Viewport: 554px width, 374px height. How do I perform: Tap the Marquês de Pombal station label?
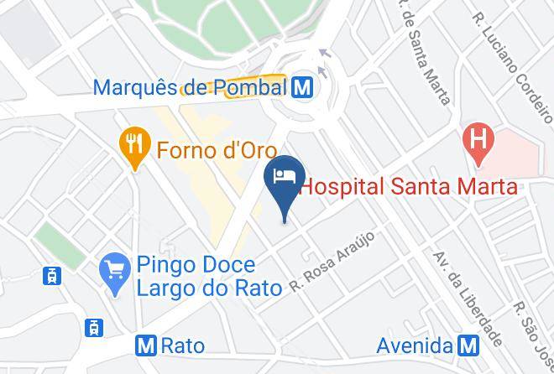[x=190, y=86]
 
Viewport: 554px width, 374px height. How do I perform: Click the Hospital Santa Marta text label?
[x=408, y=186]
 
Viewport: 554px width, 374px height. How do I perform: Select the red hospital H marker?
[x=479, y=135]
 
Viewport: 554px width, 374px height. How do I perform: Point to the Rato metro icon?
[x=145, y=345]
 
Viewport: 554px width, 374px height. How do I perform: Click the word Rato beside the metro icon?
[x=183, y=345]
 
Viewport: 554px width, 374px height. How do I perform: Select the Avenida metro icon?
[x=468, y=345]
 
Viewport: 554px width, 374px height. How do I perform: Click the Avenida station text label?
[x=415, y=345]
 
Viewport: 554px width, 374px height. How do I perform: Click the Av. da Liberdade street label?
[x=468, y=298]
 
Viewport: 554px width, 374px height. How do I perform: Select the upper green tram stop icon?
[x=53, y=275]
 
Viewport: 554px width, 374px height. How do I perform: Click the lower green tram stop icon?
[x=93, y=328]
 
